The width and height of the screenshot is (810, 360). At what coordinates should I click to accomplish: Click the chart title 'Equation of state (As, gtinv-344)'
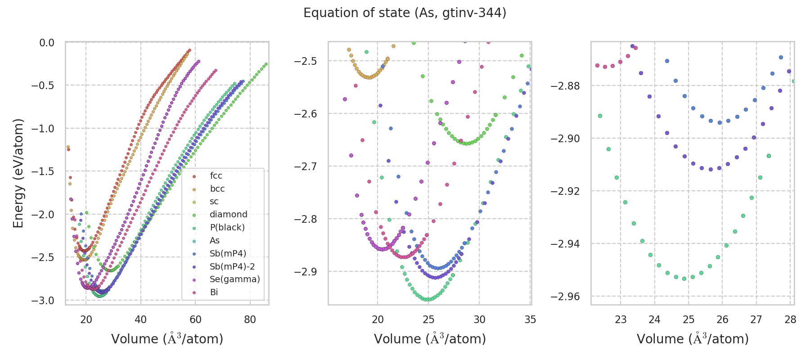[405, 13]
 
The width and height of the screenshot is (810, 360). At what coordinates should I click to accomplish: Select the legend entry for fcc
[216, 176]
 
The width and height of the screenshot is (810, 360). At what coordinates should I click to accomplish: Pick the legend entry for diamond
[228, 215]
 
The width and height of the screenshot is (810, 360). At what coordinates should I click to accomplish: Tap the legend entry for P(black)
[227, 228]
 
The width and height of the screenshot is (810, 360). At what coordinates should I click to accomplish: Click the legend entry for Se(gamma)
[234, 279]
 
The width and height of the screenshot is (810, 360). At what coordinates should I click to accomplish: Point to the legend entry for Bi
[214, 292]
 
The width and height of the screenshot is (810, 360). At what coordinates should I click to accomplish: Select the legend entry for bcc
[217, 189]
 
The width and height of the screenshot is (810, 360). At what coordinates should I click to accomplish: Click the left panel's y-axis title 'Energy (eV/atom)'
[18, 173]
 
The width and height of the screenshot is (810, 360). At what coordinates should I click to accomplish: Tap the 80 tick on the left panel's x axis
[250, 320]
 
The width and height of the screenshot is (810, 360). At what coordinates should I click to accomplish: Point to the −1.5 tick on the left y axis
[43, 171]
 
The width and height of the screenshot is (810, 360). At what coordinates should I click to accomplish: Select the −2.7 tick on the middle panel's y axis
[306, 166]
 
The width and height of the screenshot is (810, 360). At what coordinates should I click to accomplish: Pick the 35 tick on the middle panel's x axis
[530, 320]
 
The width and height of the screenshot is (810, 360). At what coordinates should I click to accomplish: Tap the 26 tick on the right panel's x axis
[722, 320]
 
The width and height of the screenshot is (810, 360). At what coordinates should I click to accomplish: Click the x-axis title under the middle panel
[430, 339]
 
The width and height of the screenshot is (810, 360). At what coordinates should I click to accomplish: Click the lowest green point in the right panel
[684, 279]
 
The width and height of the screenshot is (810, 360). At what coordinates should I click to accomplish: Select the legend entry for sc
[214, 202]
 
